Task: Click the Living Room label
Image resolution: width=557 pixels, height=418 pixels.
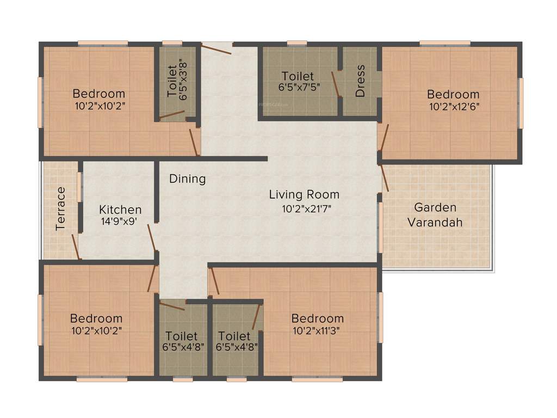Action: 304,194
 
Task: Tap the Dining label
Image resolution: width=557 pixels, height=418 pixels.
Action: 187,179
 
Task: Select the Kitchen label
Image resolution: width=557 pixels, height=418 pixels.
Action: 120,210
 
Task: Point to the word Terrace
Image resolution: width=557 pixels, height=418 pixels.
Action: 61,208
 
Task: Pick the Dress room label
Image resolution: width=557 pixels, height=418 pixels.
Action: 360,81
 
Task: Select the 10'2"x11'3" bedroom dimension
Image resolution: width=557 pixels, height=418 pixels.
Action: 318,331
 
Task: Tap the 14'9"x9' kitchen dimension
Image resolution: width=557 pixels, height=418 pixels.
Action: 120,222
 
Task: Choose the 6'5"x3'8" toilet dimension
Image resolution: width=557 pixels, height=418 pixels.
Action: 184,81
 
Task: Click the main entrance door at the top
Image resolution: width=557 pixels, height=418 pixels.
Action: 216,48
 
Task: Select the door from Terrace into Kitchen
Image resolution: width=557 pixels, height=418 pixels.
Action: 76,246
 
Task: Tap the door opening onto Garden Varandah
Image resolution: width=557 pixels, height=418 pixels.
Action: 385,177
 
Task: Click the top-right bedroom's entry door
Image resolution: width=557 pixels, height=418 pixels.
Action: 384,137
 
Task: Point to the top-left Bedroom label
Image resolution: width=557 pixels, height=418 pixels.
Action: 99,94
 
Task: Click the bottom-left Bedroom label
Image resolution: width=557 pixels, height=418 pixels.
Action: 96,318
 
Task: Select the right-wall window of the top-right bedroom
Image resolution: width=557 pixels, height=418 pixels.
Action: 521,103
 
